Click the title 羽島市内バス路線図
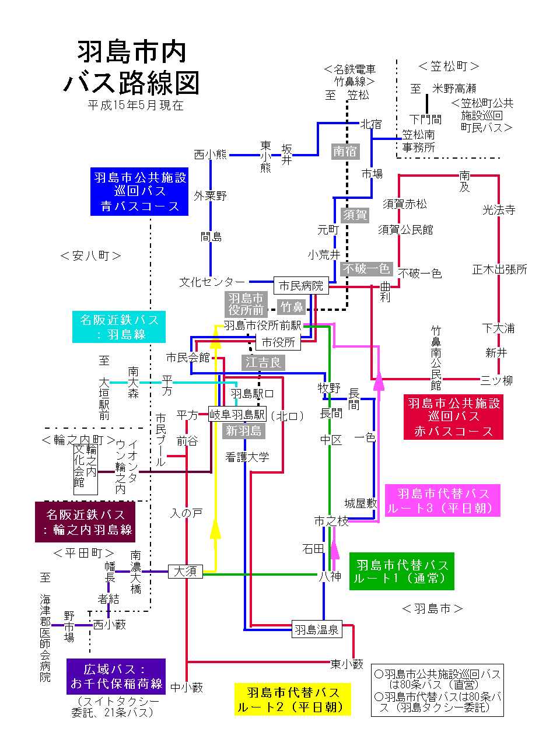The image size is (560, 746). click(132, 67)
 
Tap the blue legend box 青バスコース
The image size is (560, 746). click(139, 191)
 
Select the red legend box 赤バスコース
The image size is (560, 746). click(453, 417)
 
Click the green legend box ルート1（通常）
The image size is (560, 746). click(401, 572)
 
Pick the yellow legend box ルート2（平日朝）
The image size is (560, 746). click(292, 699)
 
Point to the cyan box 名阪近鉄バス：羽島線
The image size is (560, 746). click(119, 327)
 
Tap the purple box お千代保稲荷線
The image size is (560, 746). click(116, 676)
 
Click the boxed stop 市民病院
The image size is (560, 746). click(300, 285)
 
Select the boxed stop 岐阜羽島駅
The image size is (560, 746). click(237, 414)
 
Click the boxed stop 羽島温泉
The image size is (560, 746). click(316, 630)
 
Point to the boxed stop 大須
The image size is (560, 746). click(185, 571)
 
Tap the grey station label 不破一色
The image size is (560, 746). click(366, 268)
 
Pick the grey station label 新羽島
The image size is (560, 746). click(244, 430)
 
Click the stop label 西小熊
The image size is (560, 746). click(210, 155)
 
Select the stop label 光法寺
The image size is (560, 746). click(499, 209)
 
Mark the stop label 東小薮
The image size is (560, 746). click(347, 664)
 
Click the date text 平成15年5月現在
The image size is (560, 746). click(135, 105)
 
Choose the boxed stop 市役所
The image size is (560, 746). click(278, 342)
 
